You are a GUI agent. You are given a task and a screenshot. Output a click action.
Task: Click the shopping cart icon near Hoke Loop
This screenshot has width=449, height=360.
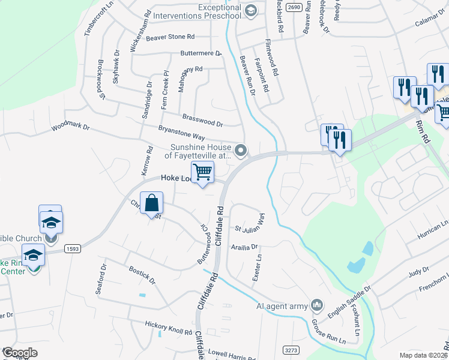click(x=202, y=172)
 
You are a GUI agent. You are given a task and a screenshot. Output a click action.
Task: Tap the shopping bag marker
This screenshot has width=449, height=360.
click(x=152, y=202)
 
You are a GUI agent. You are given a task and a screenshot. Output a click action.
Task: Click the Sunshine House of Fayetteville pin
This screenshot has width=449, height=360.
click(x=241, y=150)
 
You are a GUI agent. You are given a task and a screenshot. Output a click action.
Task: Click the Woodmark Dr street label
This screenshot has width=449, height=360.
click(x=70, y=127)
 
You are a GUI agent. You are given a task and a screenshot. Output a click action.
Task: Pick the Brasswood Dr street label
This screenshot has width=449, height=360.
click(x=203, y=121)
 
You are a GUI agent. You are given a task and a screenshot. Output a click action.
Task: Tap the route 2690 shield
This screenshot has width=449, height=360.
click(x=294, y=7)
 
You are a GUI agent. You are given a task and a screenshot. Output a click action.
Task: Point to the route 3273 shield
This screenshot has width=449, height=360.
click(x=290, y=349)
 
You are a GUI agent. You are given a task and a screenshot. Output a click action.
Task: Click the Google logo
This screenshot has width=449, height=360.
click(x=20, y=353)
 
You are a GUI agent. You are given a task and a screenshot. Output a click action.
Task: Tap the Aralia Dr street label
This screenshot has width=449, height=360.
click(x=246, y=247)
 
